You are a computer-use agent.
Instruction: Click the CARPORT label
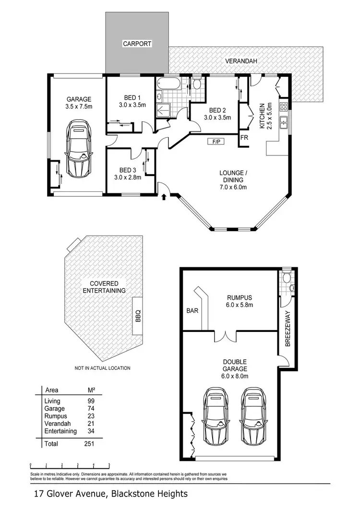(137, 44)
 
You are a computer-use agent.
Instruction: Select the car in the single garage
(79, 149)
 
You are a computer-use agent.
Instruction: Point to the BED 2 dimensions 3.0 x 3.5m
(217, 117)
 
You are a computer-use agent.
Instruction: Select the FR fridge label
(244, 138)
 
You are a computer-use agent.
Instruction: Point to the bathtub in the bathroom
(168, 86)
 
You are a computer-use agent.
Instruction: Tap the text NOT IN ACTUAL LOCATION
(102, 368)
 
